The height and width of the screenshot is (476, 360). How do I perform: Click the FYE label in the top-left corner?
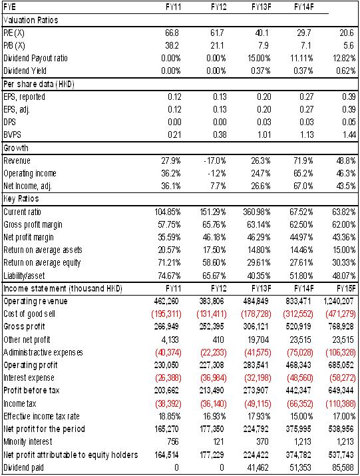[x=10, y=7]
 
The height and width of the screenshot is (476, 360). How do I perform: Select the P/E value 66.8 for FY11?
[x=172, y=33]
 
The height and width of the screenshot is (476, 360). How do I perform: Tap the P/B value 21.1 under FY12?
[x=217, y=45]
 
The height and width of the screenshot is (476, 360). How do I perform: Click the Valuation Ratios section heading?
[x=31, y=20]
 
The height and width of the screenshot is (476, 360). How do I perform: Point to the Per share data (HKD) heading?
[x=39, y=84]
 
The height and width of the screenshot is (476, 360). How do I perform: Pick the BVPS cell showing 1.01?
[x=264, y=134]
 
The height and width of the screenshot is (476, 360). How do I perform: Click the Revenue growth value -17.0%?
[x=215, y=160]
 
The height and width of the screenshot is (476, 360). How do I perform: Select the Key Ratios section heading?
[x=21, y=198]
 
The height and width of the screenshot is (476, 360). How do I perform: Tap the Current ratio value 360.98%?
[x=257, y=212]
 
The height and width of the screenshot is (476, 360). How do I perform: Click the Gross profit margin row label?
[x=33, y=224]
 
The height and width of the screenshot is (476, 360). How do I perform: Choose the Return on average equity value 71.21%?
[x=169, y=262]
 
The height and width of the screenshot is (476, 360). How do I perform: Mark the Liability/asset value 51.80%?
[x=301, y=276]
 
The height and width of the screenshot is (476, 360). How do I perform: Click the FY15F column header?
[x=346, y=288]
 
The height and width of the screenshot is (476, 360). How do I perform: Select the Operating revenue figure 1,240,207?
[x=339, y=301]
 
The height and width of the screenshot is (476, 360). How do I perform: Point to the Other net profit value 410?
[x=218, y=340]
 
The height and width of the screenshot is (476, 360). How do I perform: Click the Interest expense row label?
[x=29, y=378]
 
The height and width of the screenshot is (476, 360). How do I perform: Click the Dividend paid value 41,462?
[x=258, y=467]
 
